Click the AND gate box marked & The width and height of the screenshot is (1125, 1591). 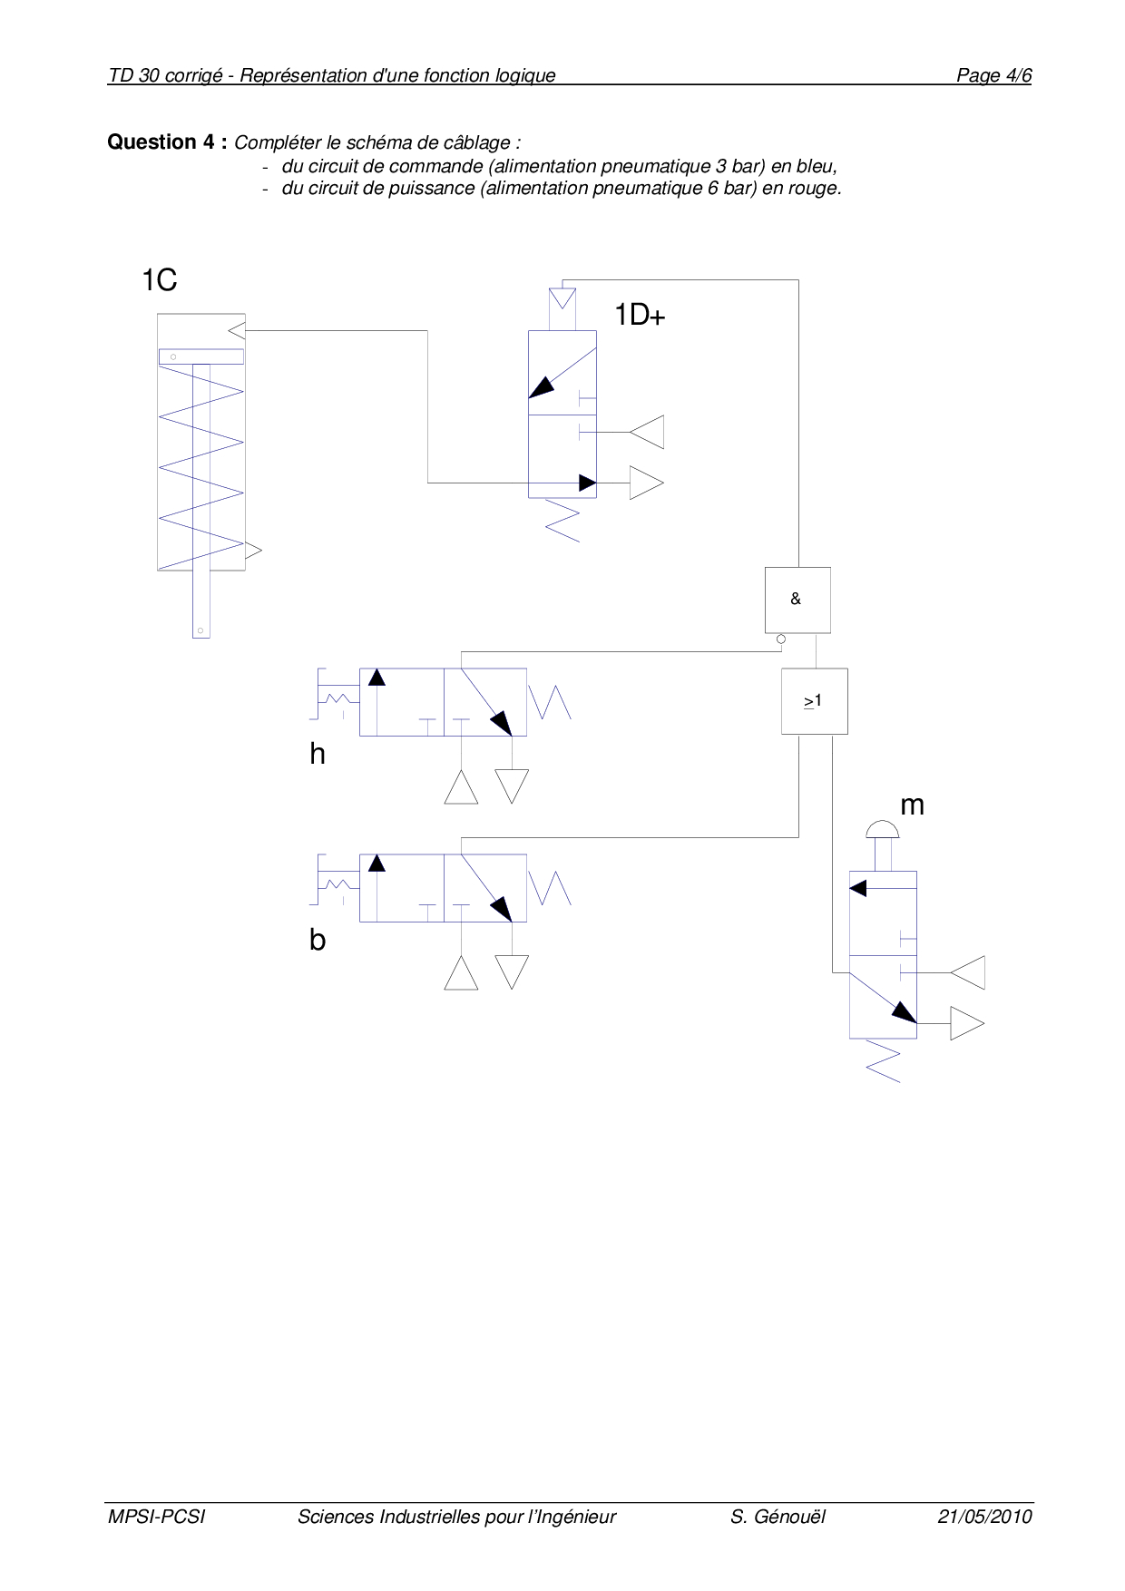[x=797, y=600]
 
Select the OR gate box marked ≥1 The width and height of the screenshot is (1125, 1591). [x=814, y=701]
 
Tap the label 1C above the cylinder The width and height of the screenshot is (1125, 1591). [x=159, y=280]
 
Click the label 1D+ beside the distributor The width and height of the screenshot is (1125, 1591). [x=640, y=315]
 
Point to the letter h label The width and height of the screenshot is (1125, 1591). [x=317, y=754]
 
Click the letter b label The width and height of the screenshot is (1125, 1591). [x=317, y=940]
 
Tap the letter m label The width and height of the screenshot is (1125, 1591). [x=912, y=805]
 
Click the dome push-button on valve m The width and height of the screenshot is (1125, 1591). [x=882, y=829]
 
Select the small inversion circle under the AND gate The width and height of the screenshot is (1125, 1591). [x=781, y=639]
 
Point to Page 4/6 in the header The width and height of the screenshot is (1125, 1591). [x=993, y=75]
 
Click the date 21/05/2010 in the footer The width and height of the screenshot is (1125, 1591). [x=985, y=1517]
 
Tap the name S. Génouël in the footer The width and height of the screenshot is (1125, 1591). [x=778, y=1517]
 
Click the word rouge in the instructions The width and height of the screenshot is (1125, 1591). [x=816, y=189]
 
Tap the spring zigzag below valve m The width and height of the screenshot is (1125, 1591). [x=884, y=1061]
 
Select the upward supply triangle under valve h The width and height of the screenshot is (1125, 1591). [x=461, y=787]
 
